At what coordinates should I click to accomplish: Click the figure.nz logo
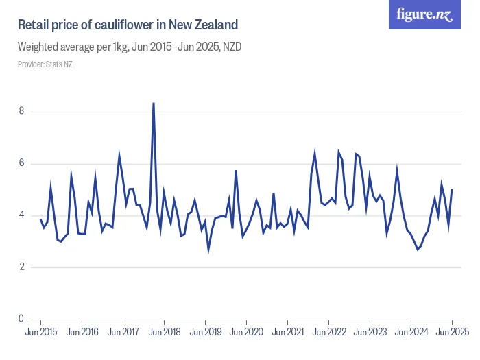425,14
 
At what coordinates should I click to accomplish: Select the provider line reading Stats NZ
45,64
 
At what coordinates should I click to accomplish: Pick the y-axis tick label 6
23,163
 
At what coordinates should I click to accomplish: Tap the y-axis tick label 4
23,215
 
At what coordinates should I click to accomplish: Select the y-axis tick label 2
23,267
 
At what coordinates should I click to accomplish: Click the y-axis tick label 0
23,319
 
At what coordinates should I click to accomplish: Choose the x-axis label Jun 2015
40,332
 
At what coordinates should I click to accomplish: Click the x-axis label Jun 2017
123,332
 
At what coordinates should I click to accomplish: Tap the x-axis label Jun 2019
205,332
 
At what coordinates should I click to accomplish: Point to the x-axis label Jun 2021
287,332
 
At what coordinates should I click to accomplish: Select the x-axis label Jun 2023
370,332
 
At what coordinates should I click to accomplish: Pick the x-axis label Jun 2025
452,332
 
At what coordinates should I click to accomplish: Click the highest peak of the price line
153,103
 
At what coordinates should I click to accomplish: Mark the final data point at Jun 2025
452,189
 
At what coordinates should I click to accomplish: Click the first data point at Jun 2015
40,219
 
